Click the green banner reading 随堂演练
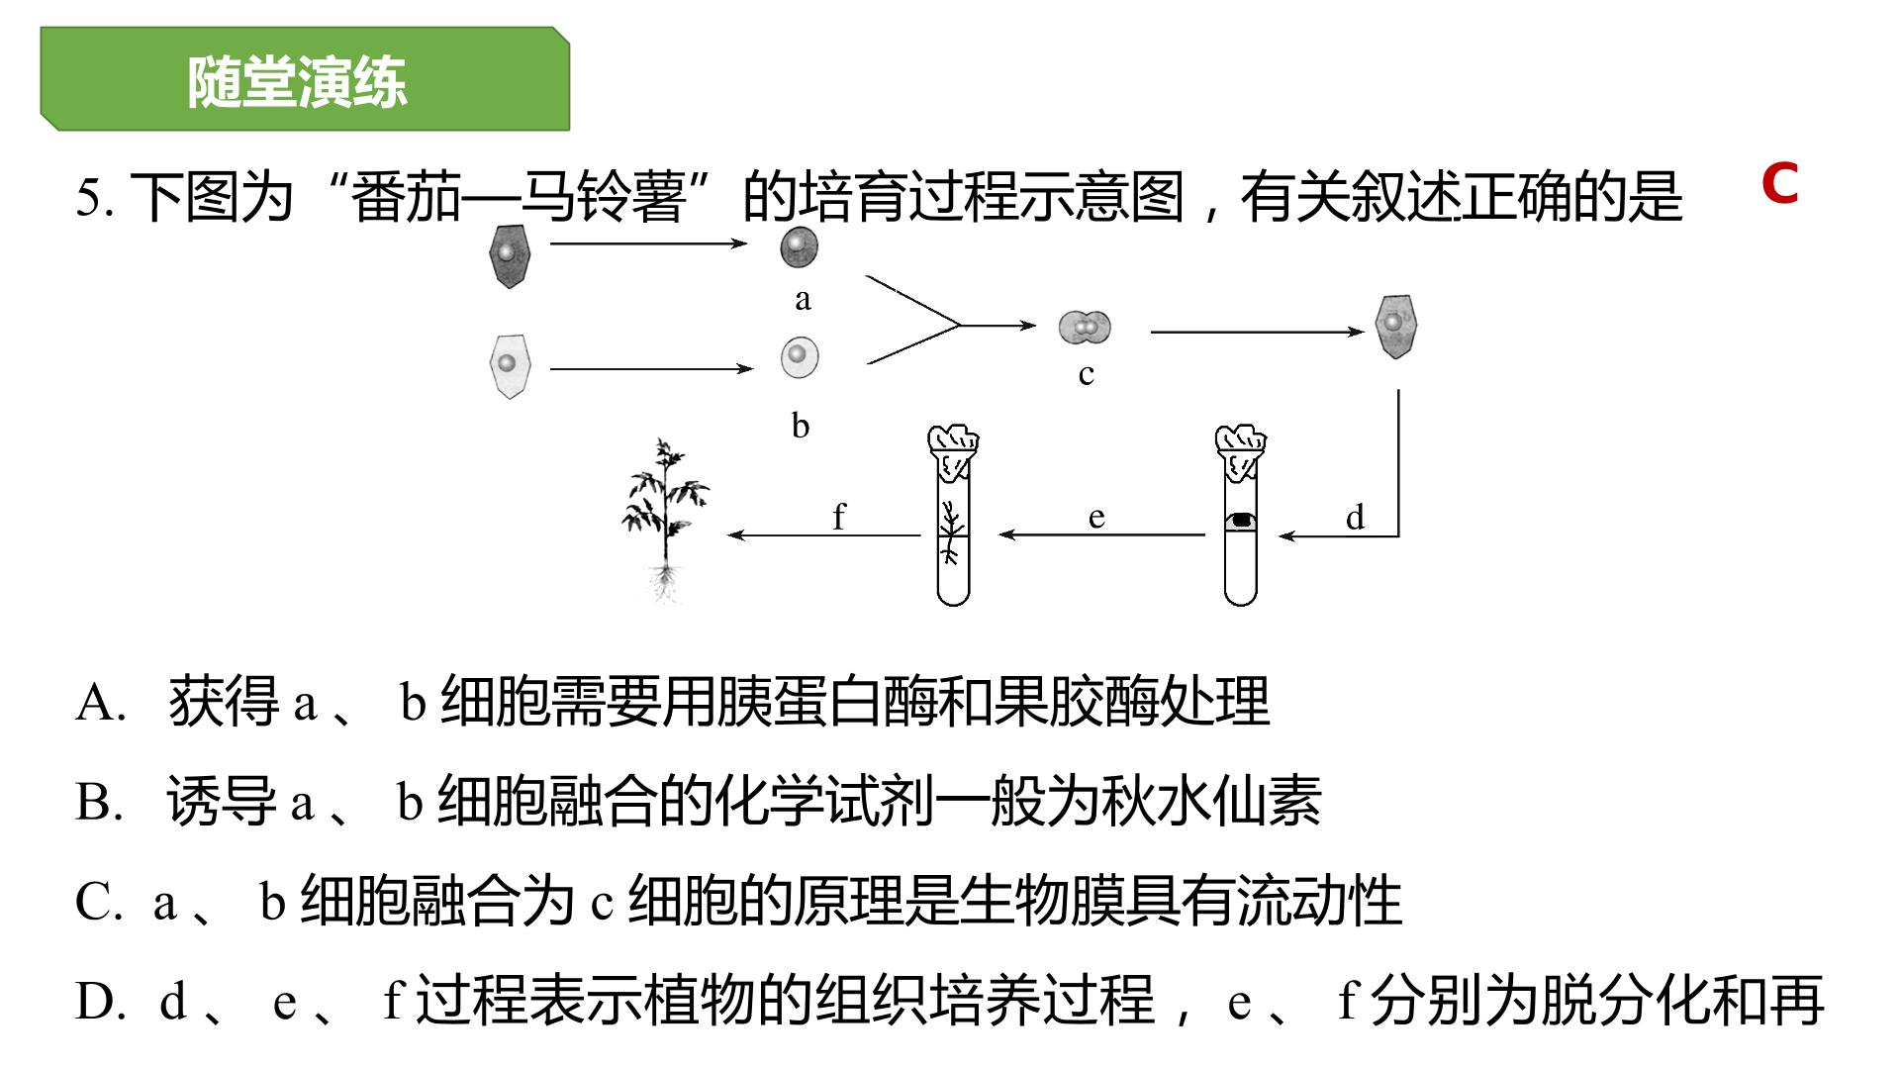click(305, 79)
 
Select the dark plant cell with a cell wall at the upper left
click(510, 255)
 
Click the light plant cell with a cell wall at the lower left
click(510, 366)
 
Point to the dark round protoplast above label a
click(800, 247)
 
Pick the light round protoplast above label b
click(800, 357)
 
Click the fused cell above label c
click(1085, 326)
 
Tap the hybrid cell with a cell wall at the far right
click(1396, 326)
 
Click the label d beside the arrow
click(1355, 517)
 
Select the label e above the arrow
click(1095, 518)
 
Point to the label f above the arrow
click(839, 516)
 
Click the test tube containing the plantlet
click(953, 515)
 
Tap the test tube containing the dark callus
click(1240, 515)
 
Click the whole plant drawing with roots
click(665, 520)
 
